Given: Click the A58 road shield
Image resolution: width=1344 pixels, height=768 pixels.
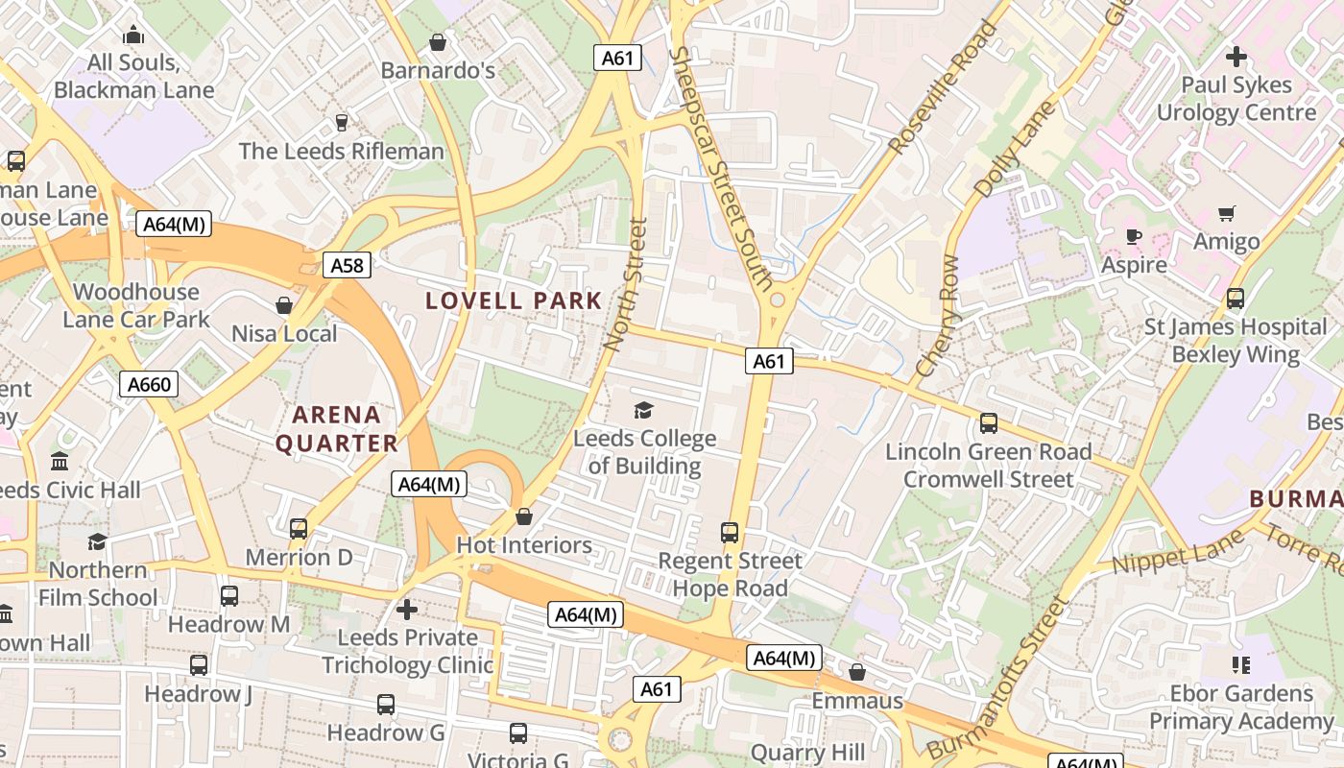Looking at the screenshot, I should (x=347, y=265).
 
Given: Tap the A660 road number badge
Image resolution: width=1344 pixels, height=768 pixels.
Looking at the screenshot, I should (x=149, y=385).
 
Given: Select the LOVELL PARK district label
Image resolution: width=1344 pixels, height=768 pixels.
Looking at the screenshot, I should (x=514, y=300).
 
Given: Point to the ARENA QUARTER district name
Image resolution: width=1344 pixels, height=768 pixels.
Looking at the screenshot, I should (x=336, y=429).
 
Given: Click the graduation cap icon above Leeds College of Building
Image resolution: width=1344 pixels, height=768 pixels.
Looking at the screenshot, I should (x=643, y=411).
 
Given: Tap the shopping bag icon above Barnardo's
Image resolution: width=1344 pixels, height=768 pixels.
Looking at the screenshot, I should (x=438, y=42).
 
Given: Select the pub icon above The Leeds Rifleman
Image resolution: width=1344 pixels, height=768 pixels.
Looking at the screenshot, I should (x=341, y=123).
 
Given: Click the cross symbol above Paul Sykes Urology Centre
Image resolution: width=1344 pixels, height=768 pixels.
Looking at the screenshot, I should (x=1236, y=57).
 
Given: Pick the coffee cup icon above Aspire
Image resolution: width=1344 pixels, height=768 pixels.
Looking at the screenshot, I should (x=1134, y=236).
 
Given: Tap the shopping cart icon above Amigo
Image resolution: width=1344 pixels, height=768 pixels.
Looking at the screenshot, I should (x=1226, y=213).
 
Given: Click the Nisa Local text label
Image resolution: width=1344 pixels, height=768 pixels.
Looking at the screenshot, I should (x=284, y=334).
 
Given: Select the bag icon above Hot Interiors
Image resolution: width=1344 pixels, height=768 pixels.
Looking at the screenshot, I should (x=524, y=517).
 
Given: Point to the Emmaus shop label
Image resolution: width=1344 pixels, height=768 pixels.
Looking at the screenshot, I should (x=857, y=701).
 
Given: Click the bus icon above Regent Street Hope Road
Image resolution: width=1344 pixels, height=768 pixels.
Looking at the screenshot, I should (x=730, y=533).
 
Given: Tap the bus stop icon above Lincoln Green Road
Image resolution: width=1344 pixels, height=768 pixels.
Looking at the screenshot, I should (x=988, y=423).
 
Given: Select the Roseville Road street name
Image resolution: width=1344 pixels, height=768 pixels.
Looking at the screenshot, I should (x=943, y=88).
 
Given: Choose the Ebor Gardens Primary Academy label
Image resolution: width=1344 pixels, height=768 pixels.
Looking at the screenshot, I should (x=1241, y=708).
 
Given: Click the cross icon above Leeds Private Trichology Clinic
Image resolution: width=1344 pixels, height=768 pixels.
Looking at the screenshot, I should (x=407, y=610).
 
